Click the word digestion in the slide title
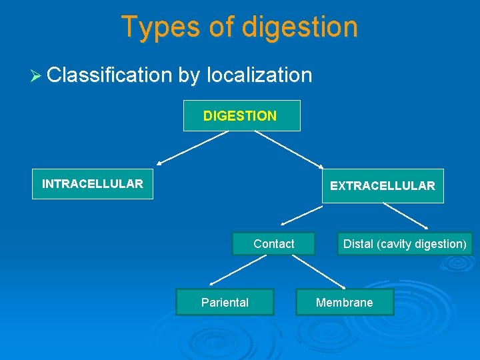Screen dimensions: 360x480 (300, 28)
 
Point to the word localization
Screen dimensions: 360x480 (259, 75)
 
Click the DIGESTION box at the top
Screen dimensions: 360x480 (241, 116)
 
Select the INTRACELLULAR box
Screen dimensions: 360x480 (93, 184)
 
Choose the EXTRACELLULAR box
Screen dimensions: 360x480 (382, 186)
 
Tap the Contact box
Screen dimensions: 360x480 (273, 244)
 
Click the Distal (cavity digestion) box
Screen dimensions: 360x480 (405, 244)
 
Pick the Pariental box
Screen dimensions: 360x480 (225, 303)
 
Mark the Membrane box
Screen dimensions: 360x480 (345, 303)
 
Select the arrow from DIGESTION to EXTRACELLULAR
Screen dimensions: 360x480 (288, 148)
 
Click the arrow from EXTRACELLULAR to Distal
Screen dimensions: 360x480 (405, 215)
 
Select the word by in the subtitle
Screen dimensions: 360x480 (189, 75)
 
